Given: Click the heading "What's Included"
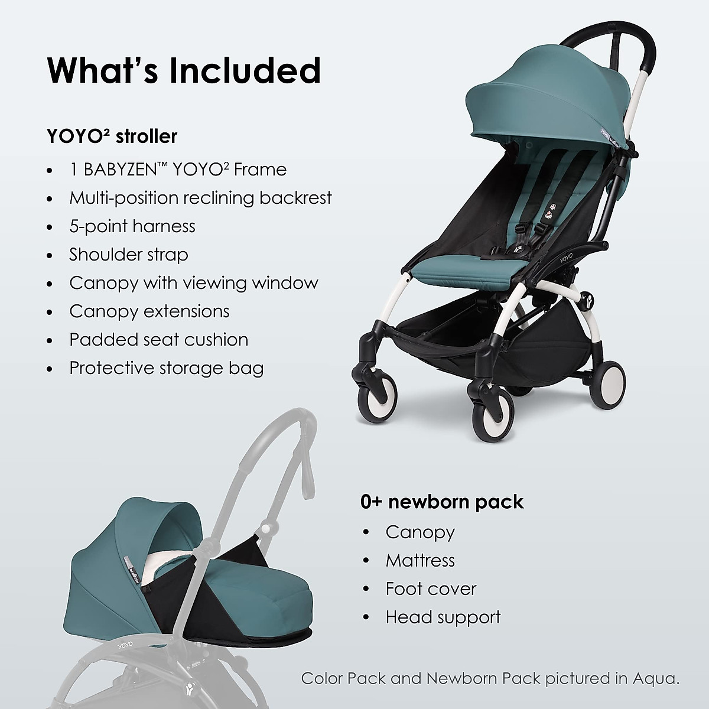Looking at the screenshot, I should [x=184, y=70].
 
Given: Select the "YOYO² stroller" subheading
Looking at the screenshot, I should [x=112, y=136].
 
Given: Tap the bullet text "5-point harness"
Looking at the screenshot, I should [x=132, y=226].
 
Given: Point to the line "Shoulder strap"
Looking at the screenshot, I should [x=128, y=255].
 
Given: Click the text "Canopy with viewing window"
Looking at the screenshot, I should [x=193, y=283].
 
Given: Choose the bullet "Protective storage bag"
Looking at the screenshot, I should [x=166, y=368].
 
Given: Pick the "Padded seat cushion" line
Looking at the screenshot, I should [x=158, y=340].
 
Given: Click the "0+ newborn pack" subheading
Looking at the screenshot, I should [x=442, y=502].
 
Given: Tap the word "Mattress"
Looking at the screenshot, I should [x=420, y=560].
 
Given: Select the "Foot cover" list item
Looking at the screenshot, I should [x=431, y=588].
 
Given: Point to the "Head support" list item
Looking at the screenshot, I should [x=443, y=617].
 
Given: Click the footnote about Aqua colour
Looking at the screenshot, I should [x=490, y=678].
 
